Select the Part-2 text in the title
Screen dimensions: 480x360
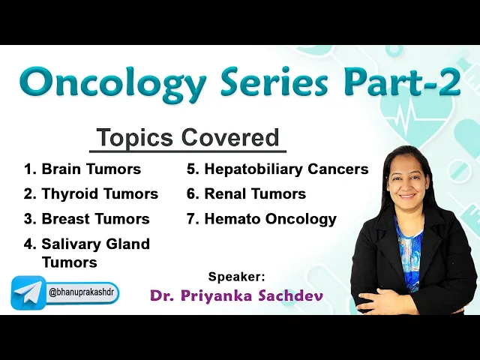(x=404, y=82)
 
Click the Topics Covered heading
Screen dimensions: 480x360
(x=187, y=138)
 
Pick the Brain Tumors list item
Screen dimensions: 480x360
(x=82, y=169)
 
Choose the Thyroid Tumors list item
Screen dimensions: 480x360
(x=91, y=193)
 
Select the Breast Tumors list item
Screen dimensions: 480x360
(x=87, y=219)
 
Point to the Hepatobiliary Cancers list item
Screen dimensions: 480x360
(x=277, y=169)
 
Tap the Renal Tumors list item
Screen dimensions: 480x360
(x=247, y=193)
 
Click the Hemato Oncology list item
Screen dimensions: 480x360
(x=262, y=219)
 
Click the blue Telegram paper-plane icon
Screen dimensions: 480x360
(x=28, y=292)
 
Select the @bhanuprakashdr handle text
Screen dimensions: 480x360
(x=81, y=292)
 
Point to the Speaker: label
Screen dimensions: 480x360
(x=236, y=277)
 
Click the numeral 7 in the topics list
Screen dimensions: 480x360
(x=190, y=219)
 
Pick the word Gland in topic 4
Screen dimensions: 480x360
(x=128, y=244)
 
